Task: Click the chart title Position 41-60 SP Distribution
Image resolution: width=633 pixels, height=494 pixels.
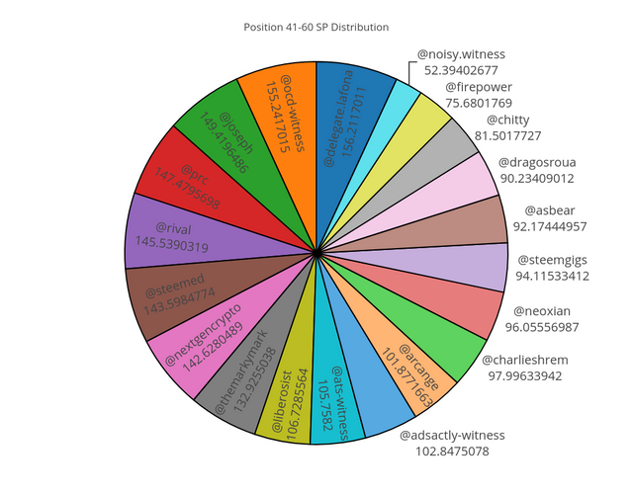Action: click(316, 27)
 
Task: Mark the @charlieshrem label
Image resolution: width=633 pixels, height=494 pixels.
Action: click(531, 360)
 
